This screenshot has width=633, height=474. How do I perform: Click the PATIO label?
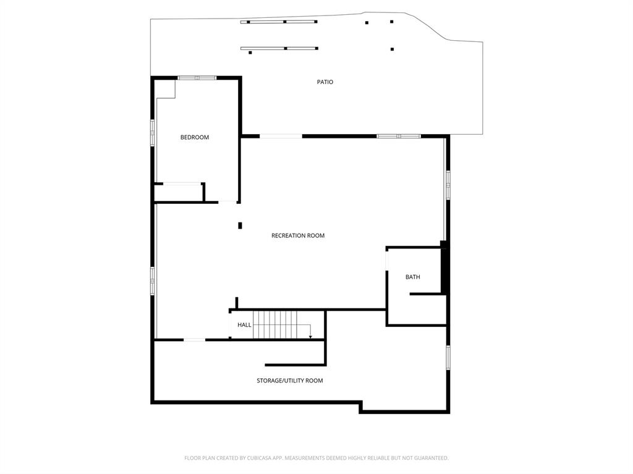[325, 82]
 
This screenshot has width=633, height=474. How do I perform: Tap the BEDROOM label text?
[194, 137]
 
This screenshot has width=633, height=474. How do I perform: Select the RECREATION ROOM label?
[297, 235]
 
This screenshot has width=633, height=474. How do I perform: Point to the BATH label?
[412, 277]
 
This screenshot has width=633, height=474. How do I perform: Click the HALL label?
[244, 325]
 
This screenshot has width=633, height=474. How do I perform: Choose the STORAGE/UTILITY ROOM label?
[289, 381]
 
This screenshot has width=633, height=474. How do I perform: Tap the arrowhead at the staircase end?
[310, 337]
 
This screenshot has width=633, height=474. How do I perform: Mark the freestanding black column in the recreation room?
[240, 226]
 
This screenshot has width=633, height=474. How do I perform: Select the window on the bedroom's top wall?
[197, 78]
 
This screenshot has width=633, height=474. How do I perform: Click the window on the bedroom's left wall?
[152, 132]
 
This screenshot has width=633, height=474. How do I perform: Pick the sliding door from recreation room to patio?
[281, 136]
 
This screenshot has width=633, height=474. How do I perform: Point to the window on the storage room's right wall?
[448, 357]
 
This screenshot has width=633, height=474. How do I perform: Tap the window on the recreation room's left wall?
[152, 280]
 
